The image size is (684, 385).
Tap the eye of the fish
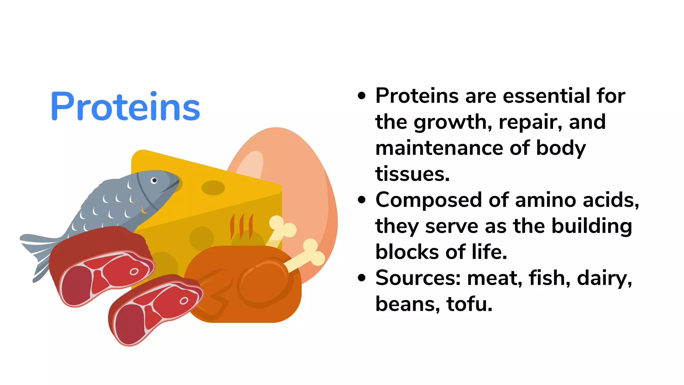click(154, 180)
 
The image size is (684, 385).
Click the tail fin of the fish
click(38, 254)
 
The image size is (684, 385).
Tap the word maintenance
click(439, 148)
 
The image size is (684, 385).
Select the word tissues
click(412, 174)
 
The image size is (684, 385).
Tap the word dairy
click(605, 279)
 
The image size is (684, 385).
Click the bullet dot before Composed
click(362, 200)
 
